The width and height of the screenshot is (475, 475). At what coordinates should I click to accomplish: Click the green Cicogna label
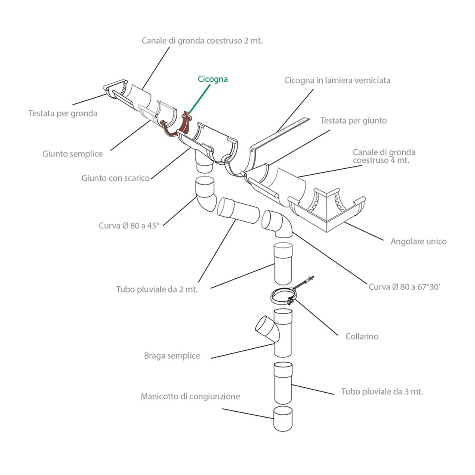(x=213, y=80)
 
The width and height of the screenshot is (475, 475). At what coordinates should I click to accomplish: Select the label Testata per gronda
(x=63, y=114)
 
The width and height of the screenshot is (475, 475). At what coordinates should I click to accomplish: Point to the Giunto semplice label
(x=72, y=154)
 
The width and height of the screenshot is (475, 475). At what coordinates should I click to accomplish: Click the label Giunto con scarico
(x=116, y=178)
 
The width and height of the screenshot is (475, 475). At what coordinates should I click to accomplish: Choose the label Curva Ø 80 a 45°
(x=129, y=226)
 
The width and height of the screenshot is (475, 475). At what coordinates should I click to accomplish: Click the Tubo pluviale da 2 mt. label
(x=157, y=289)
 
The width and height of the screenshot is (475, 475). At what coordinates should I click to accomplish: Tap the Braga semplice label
(x=172, y=355)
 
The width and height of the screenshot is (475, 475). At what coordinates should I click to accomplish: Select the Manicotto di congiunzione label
(x=190, y=396)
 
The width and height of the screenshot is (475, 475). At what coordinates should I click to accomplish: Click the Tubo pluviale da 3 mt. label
(x=382, y=391)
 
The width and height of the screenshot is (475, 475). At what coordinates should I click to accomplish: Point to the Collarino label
(x=362, y=336)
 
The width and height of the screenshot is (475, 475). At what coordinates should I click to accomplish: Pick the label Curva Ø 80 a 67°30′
(x=405, y=287)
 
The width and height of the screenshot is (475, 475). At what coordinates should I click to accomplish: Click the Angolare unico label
(x=418, y=241)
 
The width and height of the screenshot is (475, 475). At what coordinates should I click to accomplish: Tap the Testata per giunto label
(x=353, y=121)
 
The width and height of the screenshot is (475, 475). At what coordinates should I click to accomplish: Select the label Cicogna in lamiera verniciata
(x=337, y=80)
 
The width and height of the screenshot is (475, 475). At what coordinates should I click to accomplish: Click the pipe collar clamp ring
(x=273, y=298)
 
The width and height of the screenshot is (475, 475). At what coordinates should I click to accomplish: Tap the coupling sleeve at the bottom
(x=283, y=419)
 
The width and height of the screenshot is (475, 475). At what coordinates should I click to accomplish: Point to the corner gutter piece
(x=327, y=211)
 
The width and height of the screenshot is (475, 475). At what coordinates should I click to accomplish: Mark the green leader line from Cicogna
(x=199, y=100)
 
